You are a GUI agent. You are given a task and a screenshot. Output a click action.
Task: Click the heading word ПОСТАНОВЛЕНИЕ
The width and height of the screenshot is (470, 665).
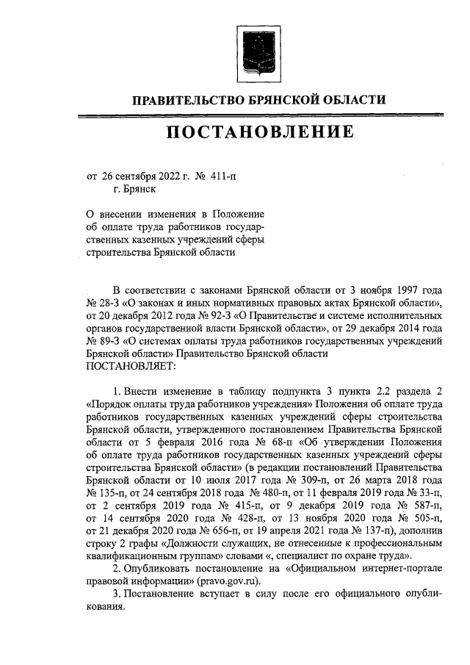[259, 132]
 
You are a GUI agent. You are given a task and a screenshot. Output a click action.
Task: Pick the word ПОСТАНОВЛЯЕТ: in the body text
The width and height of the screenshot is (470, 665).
[131, 365]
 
